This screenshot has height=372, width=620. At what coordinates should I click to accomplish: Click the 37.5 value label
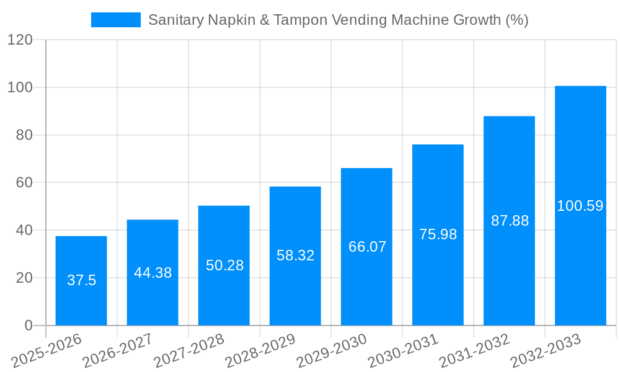tap(82, 280)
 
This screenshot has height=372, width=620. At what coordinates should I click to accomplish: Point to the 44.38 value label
tap(153, 273)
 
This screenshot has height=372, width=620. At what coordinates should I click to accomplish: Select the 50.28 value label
tap(224, 265)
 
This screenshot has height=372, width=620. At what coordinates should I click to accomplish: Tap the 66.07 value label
tap(367, 247)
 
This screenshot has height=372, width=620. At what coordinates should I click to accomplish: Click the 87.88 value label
tap(510, 221)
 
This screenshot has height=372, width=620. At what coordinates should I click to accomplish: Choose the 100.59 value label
tap(580, 206)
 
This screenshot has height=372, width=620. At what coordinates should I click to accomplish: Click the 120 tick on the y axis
tap(20, 40)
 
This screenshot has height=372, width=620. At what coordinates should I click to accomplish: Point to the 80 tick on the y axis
tap(24, 135)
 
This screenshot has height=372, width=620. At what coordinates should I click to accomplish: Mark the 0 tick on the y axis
tap(29, 325)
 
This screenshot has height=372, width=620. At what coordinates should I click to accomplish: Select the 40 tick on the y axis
tap(24, 230)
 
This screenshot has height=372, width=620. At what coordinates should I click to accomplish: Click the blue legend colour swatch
tap(116, 20)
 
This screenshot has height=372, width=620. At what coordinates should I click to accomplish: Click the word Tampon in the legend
tap(301, 20)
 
